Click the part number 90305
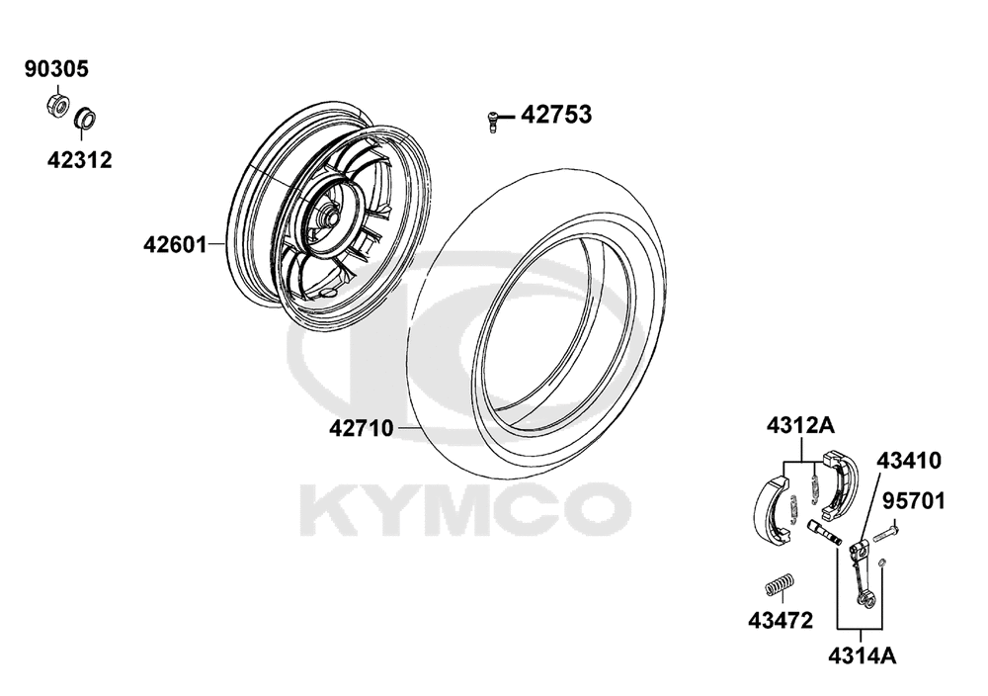coord(56,69)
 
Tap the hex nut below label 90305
coord(57,105)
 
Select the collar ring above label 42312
coord(84,118)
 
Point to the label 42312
coord(79,160)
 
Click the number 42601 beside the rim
coord(175,244)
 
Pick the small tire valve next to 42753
coord(493,120)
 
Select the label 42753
coord(556,115)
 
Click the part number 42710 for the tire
coord(361,429)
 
